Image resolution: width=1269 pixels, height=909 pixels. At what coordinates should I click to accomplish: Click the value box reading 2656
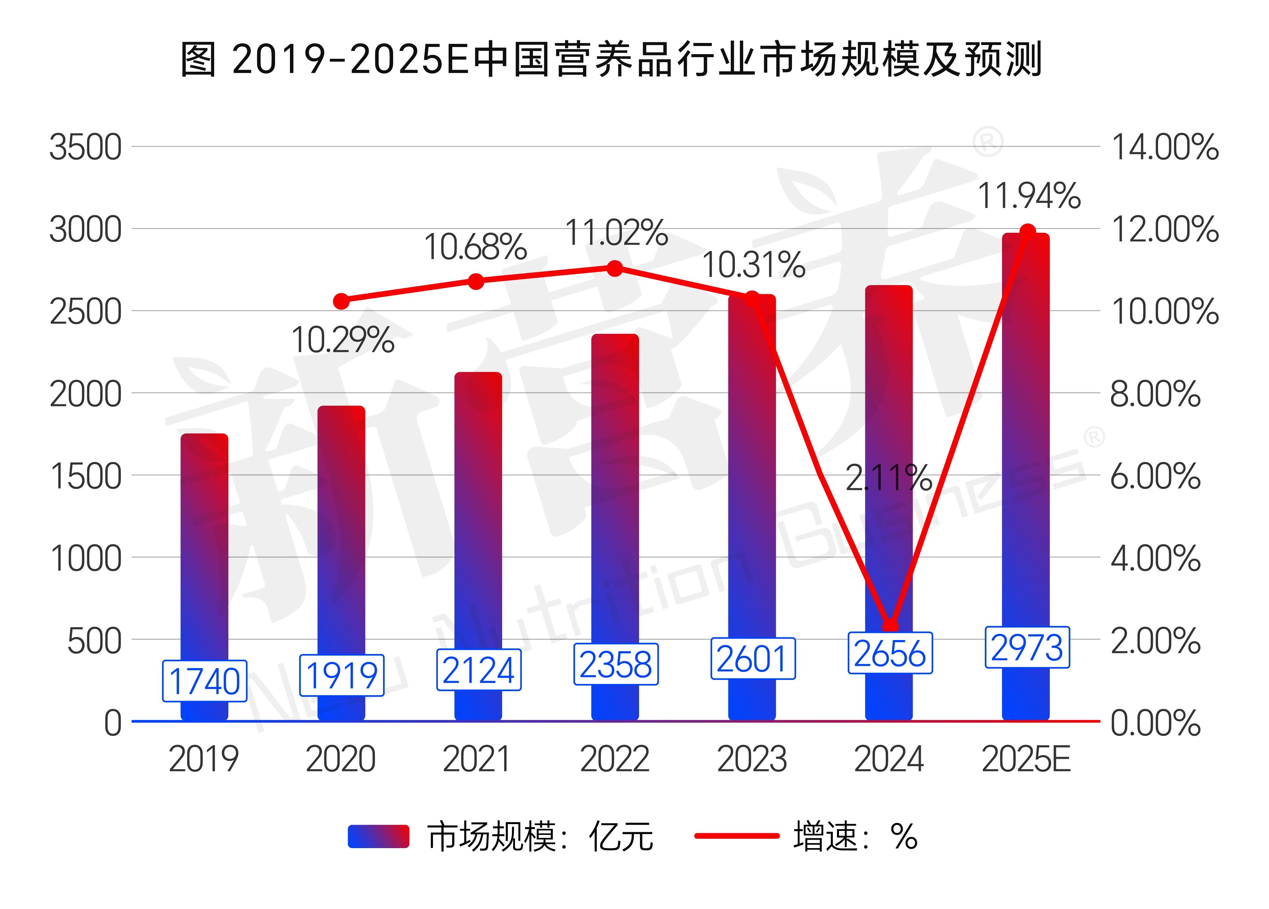point(890,653)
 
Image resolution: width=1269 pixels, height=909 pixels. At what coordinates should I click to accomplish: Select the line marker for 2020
point(341,301)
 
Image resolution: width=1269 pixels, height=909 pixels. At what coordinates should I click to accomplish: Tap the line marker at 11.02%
point(614,269)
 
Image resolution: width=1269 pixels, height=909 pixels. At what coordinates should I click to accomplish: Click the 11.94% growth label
point(1029,196)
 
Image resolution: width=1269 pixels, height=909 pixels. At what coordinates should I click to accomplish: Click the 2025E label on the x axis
point(1026,760)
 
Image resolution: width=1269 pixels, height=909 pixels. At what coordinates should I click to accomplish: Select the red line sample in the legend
point(737,836)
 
